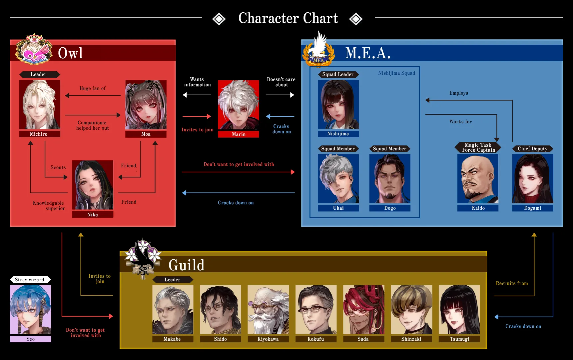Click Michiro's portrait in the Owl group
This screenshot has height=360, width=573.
tap(40, 104)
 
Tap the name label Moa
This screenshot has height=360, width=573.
tap(146, 134)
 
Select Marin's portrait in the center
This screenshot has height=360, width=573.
tap(239, 105)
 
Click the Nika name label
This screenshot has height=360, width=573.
tap(93, 215)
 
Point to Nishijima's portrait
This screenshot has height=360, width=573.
tap(338, 104)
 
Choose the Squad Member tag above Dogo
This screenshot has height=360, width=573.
tap(390, 149)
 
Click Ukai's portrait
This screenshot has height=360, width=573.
tap(338, 179)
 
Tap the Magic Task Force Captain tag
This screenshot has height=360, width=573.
tap(478, 147)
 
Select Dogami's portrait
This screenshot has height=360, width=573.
tap(533, 179)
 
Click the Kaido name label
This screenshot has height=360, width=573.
tap(478, 208)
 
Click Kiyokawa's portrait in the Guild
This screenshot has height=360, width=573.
tap(268, 310)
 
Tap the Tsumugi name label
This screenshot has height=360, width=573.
tap(459, 339)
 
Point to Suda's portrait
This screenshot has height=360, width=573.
tap(363, 310)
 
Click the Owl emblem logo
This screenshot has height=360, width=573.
tap(34, 49)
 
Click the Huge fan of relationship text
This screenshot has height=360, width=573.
tap(93, 88)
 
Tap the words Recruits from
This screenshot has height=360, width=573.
tap(512, 283)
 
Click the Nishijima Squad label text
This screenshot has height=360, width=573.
tap(396, 73)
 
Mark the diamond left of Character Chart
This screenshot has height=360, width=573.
tap(219, 19)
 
